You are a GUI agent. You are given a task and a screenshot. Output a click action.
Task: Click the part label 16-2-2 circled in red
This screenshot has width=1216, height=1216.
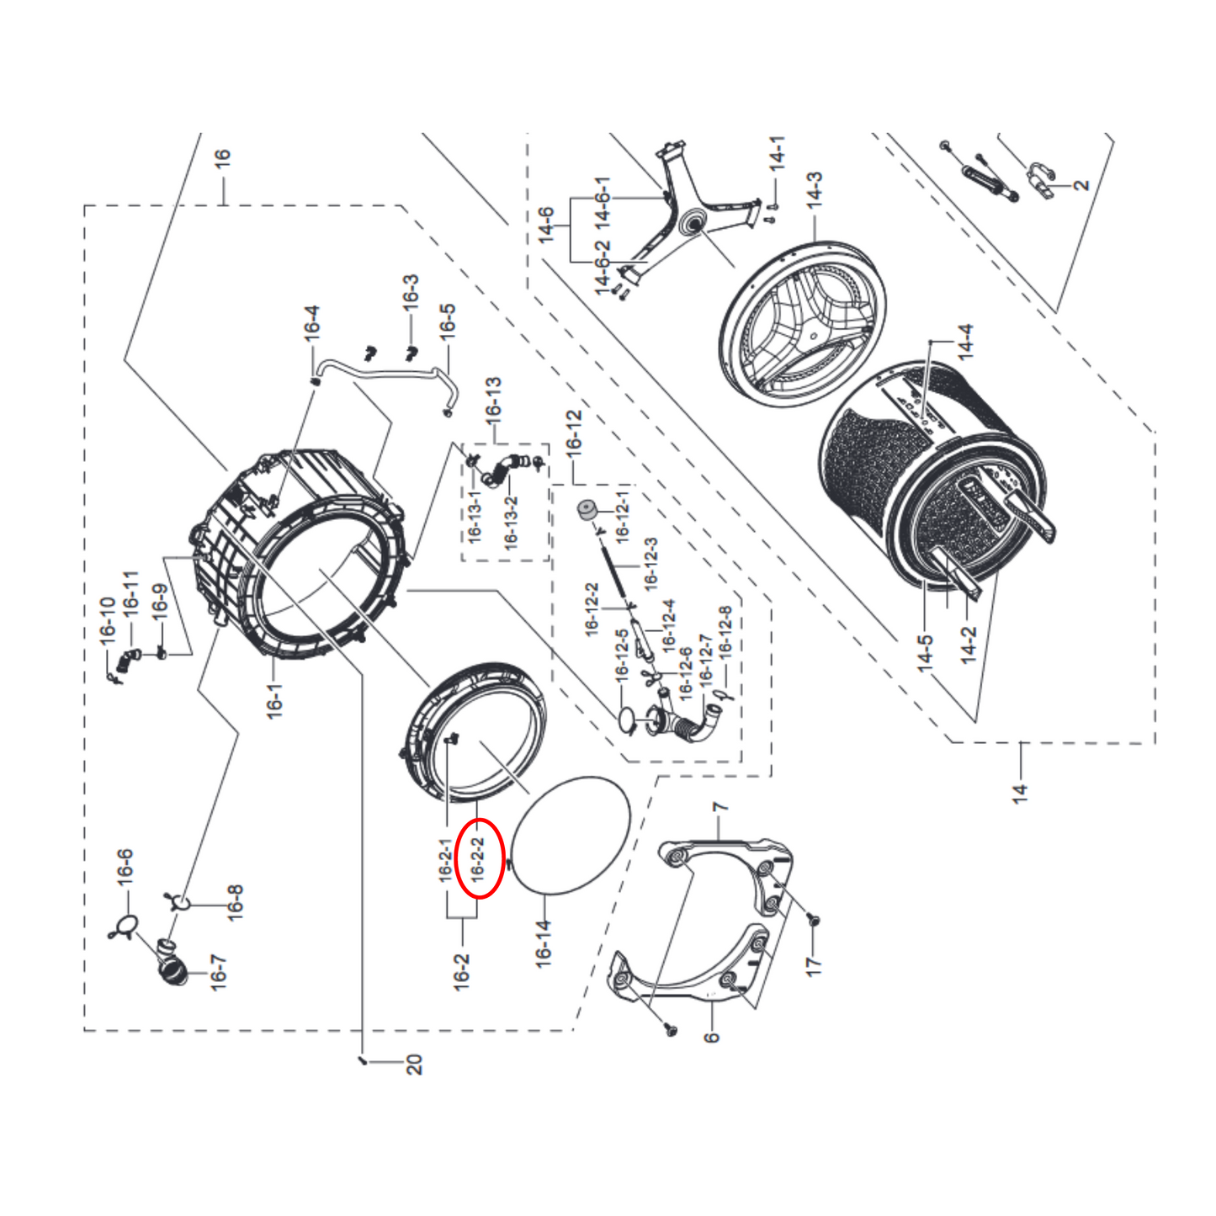pos(478,859)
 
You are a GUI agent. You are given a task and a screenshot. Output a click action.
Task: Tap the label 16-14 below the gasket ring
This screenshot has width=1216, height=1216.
pos(544,943)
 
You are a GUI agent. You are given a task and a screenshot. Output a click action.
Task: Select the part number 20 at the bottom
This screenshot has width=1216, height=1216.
pos(414,1065)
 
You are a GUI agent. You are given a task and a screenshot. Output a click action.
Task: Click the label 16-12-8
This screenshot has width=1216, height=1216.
pos(725,630)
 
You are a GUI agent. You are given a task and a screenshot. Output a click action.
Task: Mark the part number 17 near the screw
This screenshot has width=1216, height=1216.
pos(813,965)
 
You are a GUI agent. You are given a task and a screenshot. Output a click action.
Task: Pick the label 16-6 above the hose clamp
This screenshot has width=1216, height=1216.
pos(125,867)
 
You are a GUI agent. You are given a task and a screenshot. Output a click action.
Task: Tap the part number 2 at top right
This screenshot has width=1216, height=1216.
pos(1082,184)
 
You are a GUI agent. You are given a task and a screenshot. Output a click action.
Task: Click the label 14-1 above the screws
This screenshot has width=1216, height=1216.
pos(778,154)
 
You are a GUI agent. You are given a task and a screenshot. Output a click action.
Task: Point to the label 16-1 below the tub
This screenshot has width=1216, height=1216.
pos(275,701)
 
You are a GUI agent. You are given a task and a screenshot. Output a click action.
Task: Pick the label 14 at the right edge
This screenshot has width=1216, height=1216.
pos(1020,793)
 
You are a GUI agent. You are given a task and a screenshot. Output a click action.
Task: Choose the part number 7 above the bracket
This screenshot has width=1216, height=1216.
pos(720,810)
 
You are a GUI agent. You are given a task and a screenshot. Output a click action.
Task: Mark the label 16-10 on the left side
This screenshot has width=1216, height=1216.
pos(107,621)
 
